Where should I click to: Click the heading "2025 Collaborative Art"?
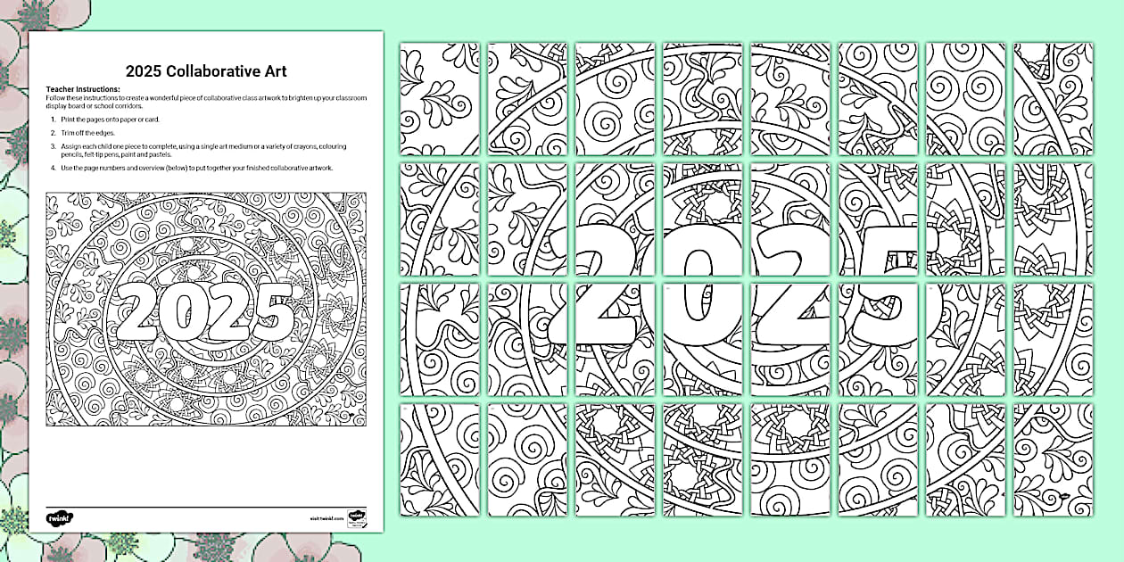205,71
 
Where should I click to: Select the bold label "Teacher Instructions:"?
82,90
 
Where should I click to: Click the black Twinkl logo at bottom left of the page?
58,517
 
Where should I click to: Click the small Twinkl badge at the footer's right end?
356,517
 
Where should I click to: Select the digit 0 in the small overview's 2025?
181,312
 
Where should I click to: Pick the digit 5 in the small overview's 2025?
270,312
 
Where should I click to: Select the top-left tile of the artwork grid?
439,98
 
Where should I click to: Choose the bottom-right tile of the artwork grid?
1053,459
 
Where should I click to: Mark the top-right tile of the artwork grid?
1053,98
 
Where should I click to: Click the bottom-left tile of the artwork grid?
439,459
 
